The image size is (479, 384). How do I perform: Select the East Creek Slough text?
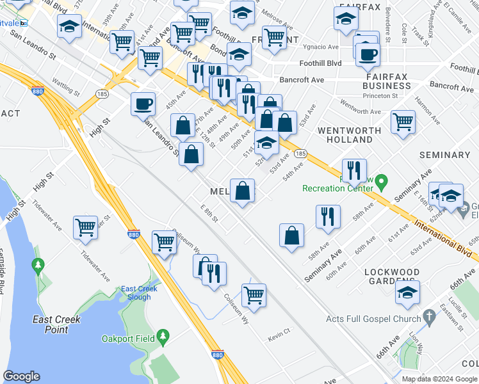139,293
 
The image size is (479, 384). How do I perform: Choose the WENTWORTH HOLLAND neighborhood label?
350,134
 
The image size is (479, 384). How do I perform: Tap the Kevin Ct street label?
279,331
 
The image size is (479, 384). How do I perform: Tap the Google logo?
21,376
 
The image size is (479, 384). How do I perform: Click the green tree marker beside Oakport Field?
164,336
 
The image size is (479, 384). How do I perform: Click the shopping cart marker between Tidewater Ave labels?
85,227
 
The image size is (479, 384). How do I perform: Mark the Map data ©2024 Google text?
439,379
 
